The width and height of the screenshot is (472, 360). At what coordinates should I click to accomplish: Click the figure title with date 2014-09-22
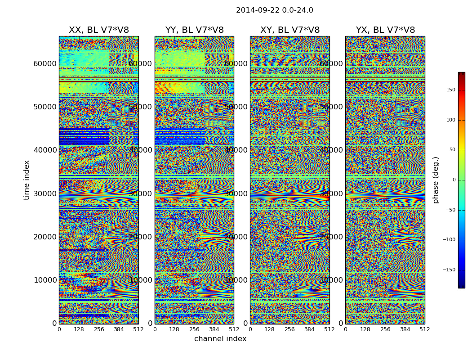pos(274,10)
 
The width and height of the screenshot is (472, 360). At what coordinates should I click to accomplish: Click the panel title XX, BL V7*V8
pos(98,30)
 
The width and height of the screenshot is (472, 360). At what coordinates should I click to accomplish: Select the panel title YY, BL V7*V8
pos(194,30)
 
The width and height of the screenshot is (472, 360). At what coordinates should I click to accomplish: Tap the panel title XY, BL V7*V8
pos(290,30)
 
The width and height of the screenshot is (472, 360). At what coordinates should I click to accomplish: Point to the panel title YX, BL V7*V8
pos(385,30)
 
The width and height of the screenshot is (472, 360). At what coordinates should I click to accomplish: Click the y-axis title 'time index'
pos(27,180)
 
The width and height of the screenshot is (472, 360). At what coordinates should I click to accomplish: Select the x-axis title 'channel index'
pos(220,339)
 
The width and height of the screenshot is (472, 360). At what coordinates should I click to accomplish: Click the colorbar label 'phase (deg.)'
pos(436,180)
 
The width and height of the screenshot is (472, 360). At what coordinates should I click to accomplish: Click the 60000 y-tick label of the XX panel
pos(45,63)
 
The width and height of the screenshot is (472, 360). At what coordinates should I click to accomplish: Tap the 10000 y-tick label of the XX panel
pos(45,280)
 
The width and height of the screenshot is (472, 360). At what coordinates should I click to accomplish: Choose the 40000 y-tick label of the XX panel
pos(45,150)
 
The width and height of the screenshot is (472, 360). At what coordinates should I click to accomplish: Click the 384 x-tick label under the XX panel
pos(119,329)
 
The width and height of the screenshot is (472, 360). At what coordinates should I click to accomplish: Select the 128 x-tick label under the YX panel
pos(365,329)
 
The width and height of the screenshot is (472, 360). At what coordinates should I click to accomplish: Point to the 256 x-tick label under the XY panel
pos(289,329)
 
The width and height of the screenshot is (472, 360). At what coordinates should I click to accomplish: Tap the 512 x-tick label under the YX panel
pos(424,329)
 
